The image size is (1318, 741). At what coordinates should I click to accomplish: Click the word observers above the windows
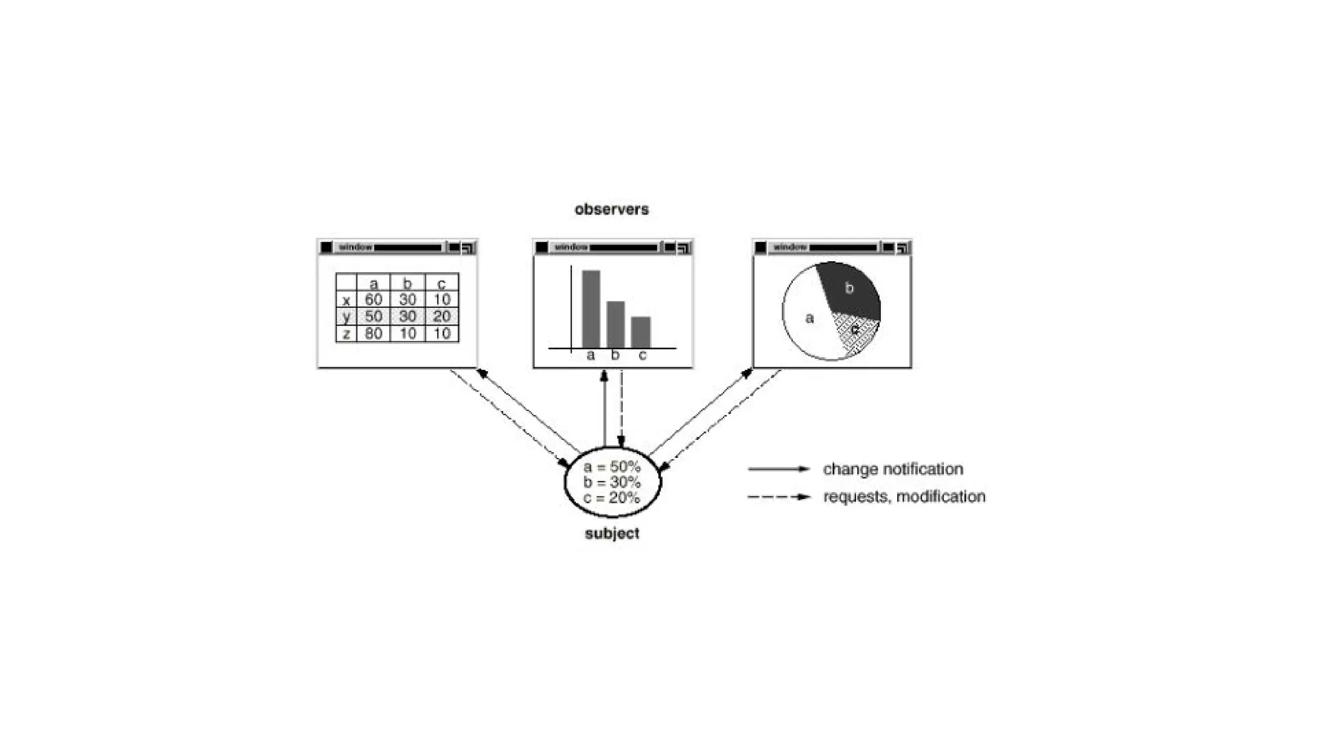pyautogui.click(x=611, y=209)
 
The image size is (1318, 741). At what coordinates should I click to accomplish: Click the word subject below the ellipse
pyautogui.click(x=611, y=533)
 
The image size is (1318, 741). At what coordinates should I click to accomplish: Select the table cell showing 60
pyautogui.click(x=373, y=300)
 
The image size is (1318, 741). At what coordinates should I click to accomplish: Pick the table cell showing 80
pyautogui.click(x=373, y=333)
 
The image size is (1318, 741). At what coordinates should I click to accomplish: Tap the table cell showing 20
pyautogui.click(x=441, y=316)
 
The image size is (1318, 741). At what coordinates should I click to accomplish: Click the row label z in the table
pyautogui.click(x=346, y=333)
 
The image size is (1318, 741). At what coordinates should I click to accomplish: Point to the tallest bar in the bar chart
pyautogui.click(x=591, y=309)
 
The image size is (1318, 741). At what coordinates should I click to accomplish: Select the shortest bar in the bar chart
pyautogui.click(x=640, y=332)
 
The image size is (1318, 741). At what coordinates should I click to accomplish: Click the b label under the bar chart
pyautogui.click(x=615, y=355)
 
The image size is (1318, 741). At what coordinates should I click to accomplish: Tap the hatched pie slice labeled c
pyautogui.click(x=855, y=332)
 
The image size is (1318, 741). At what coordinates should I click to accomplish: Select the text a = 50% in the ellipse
pyautogui.click(x=611, y=467)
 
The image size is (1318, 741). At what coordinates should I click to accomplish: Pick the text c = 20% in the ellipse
pyautogui.click(x=611, y=498)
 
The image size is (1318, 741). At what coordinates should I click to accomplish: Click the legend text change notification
pyautogui.click(x=893, y=469)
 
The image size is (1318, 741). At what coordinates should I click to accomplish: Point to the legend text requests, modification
pyautogui.click(x=904, y=497)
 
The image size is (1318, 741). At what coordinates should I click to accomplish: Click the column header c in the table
pyautogui.click(x=441, y=284)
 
